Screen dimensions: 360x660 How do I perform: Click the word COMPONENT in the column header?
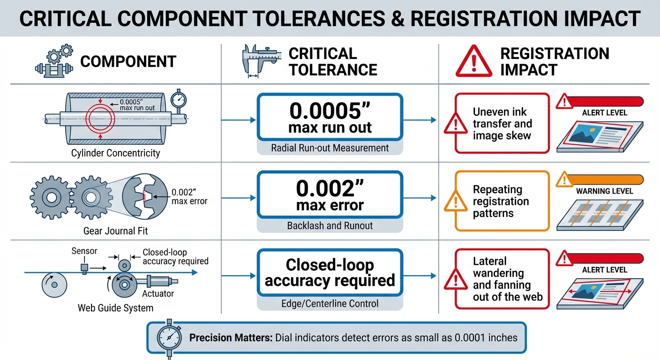pos(128,61)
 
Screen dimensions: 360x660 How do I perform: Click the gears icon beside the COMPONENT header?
pos(54,61)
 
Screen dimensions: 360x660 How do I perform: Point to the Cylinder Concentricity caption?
pos(115,153)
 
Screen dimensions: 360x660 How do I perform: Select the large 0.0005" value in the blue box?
pos(330,111)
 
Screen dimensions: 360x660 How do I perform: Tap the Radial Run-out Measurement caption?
pos(330,148)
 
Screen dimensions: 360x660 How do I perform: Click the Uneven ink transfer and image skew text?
pos(502,124)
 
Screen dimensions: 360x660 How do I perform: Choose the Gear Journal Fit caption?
pos(115,231)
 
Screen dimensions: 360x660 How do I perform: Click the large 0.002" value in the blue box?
pos(330,188)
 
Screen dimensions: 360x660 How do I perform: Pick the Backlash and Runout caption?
pos(330,225)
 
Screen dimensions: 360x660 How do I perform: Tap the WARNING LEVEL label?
pos(605,191)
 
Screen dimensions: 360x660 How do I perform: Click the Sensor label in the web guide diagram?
pos(84,251)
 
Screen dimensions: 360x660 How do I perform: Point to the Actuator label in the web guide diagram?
pos(158,294)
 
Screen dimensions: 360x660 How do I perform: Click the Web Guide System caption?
pos(115,308)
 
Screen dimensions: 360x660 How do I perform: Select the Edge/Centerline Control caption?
pos(330,303)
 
